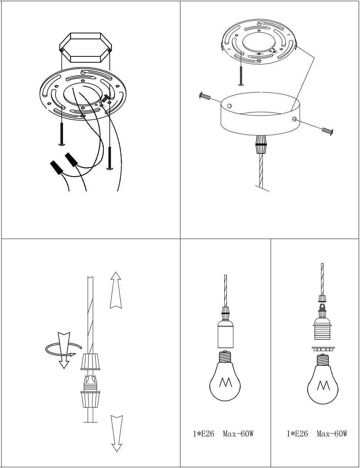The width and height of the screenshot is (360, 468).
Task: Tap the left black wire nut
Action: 57,167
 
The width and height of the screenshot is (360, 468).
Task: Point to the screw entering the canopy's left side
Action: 205,96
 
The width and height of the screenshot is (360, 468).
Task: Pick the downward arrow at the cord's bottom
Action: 116,432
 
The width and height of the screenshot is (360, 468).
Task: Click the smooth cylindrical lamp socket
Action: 226,335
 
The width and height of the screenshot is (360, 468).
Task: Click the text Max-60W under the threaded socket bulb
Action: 332,434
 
